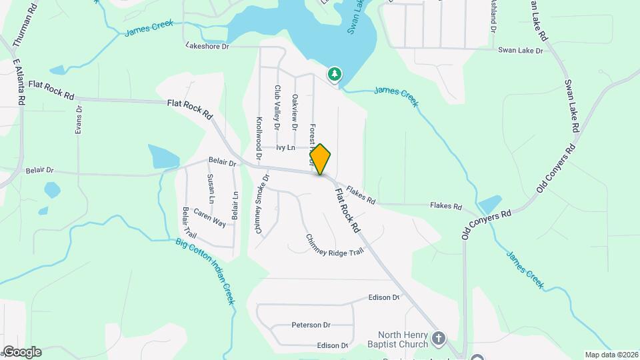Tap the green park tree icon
[334, 73]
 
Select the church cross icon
[439, 338]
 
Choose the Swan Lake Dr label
[521, 50]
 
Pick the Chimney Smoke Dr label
[260, 204]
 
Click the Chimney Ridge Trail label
[334, 247]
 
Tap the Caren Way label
[209, 217]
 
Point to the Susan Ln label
[211, 189]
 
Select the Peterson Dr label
[311, 325]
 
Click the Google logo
[22, 351]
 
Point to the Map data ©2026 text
[611, 355]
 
